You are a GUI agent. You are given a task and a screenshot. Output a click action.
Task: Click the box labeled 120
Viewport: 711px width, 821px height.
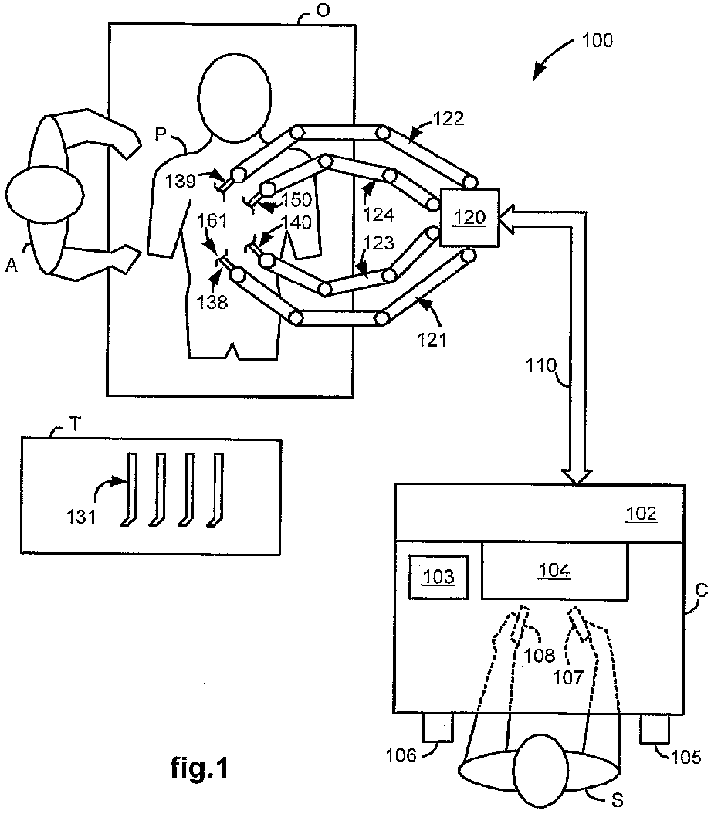pyautogui.click(x=470, y=217)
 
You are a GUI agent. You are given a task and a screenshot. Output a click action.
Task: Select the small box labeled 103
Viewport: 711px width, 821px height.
pyautogui.click(x=438, y=576)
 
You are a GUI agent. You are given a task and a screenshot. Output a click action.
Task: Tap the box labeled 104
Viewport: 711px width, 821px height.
pyautogui.click(x=554, y=570)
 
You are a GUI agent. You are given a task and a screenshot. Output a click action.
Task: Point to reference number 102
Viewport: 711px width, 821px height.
pyautogui.click(x=641, y=514)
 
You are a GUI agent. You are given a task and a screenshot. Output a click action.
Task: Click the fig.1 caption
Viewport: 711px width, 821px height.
pyautogui.click(x=199, y=768)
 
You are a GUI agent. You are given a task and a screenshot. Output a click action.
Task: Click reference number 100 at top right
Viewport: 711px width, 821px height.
pyautogui.click(x=597, y=40)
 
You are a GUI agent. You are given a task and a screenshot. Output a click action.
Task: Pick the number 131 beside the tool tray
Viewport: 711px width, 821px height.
pyautogui.click(x=81, y=517)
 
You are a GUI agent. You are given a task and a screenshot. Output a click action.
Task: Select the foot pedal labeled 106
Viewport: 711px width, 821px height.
pyautogui.click(x=438, y=728)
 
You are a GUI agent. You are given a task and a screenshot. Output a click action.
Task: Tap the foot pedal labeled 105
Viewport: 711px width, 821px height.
pyautogui.click(x=655, y=728)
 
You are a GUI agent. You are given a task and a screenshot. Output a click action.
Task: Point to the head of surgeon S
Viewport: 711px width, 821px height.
pyautogui.click(x=541, y=771)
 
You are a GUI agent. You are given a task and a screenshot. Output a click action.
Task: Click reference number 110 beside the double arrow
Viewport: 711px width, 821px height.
pyautogui.click(x=540, y=365)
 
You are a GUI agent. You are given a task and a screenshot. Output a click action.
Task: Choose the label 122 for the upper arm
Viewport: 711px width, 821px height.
pyautogui.click(x=449, y=119)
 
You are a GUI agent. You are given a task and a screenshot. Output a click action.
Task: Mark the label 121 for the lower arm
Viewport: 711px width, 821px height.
pyautogui.click(x=432, y=340)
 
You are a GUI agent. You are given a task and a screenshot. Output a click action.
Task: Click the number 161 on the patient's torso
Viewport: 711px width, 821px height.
pyautogui.click(x=212, y=220)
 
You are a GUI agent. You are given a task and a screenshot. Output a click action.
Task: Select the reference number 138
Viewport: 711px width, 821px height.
pyautogui.click(x=212, y=302)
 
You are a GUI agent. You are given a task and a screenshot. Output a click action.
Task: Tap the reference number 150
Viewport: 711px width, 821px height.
pyautogui.click(x=296, y=199)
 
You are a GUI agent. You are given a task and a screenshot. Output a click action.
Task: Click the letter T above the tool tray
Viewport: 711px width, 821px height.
pyautogui.click(x=76, y=423)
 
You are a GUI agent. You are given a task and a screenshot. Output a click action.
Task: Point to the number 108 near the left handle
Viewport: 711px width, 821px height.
pyautogui.click(x=539, y=655)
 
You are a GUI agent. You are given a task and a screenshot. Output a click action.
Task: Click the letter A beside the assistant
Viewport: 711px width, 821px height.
pyautogui.click(x=12, y=266)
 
